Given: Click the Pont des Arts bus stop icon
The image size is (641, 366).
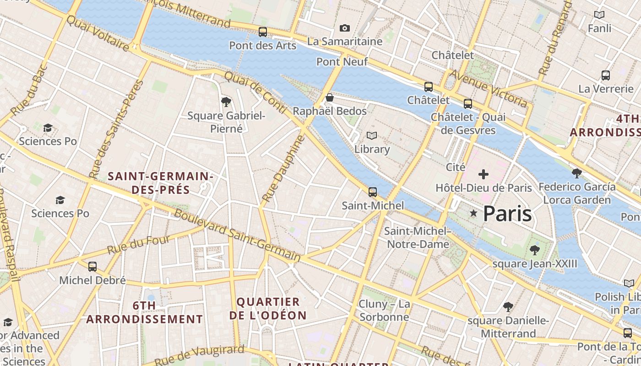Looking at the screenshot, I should coord(262,32).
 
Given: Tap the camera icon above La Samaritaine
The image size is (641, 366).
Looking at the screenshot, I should coord(345,28).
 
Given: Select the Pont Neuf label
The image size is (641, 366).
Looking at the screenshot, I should coord(342,61).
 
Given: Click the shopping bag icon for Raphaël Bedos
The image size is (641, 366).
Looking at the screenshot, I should coord(329,97).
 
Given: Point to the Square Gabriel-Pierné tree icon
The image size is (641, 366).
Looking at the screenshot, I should coord(226,102).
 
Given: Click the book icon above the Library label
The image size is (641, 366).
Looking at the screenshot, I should coord(372,136).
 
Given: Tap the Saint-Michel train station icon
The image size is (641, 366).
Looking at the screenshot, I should coord(373,192).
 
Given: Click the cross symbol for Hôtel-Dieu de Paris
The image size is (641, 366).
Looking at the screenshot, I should coord(483,174).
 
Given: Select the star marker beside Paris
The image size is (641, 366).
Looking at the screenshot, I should coord(473,214).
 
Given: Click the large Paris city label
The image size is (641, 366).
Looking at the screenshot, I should coord(507,214).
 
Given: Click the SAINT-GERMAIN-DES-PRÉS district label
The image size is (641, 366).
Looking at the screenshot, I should coord(160,183).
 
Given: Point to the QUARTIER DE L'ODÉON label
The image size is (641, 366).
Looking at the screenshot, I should coord(268,308).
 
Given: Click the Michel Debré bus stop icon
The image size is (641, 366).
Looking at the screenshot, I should coord(92,267).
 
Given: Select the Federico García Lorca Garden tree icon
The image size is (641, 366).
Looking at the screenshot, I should coord(577,173).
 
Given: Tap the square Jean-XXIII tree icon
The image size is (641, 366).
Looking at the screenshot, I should coord(534,250).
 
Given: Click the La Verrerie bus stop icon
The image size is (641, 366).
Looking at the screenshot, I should coord(605,75).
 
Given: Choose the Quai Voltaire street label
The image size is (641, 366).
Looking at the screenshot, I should coord(98,33).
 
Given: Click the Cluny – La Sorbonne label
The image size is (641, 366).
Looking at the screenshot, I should coord(384,310).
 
